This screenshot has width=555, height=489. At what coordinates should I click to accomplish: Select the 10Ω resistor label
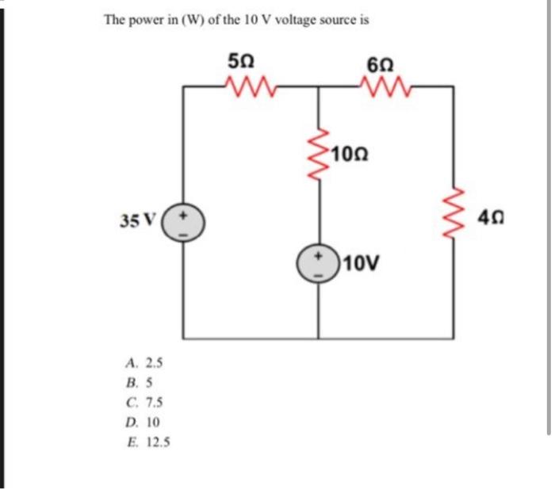[x=351, y=152]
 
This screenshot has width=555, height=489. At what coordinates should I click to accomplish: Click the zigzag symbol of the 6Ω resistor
[x=387, y=83]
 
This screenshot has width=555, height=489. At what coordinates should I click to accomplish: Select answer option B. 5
[x=140, y=383]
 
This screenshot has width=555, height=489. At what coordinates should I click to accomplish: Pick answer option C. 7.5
[x=144, y=403]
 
